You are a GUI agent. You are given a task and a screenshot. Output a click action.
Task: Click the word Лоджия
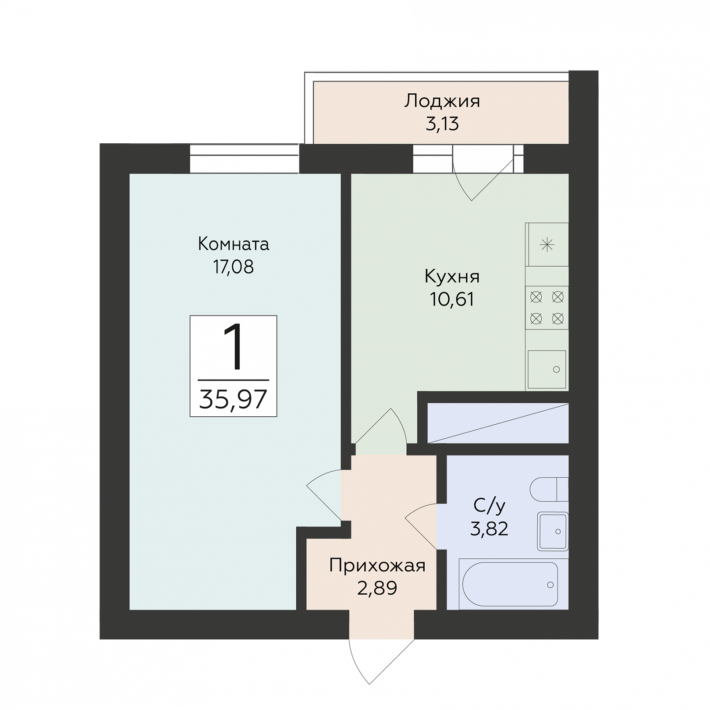[442, 102]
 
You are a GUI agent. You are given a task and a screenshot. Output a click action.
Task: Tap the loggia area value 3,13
[442, 124]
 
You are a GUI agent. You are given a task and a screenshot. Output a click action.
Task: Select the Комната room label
[233, 244]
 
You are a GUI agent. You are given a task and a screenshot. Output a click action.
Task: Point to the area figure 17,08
[233, 267]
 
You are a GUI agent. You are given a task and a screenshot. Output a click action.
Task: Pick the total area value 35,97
[233, 399]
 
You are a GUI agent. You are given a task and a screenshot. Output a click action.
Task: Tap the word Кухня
[452, 277]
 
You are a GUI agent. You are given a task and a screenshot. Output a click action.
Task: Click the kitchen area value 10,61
[452, 300]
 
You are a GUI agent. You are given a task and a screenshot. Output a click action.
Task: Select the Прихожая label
[377, 566]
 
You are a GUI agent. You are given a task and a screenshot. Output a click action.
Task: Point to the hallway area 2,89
[377, 588]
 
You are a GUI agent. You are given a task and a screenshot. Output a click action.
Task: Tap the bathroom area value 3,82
[489, 529]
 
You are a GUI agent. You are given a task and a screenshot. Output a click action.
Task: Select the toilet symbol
[549, 489]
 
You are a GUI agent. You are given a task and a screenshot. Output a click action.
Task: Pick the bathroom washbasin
[553, 531]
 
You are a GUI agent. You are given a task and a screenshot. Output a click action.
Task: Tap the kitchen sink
[547, 369]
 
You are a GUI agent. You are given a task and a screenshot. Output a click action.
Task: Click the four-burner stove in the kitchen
[547, 308]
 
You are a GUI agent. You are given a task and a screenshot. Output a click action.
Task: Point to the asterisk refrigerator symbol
[547, 245]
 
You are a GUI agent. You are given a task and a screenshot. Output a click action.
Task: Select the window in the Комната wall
[245, 159]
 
